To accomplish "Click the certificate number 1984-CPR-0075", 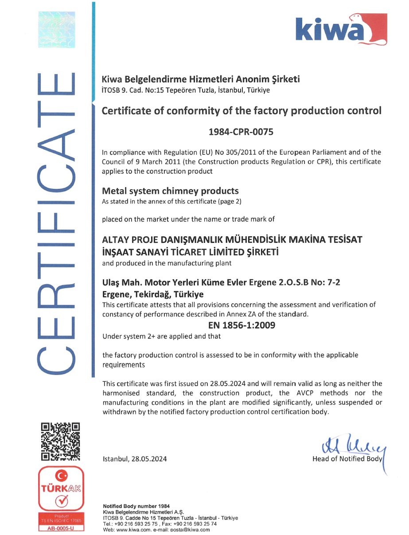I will (x=242, y=132).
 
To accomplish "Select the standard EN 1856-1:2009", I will (x=242, y=325).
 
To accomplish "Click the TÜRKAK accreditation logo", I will (x=61, y=488).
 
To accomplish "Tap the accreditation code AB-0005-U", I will (x=61, y=528).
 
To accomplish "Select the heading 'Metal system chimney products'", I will (x=170, y=191).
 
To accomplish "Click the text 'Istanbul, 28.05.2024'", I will (x=135, y=459).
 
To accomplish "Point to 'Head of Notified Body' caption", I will (x=347, y=459).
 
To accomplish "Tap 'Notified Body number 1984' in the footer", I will (x=136, y=506).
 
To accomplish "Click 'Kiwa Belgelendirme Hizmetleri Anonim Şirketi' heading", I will (x=201, y=80).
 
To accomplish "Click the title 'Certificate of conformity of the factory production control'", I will (x=242, y=110).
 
